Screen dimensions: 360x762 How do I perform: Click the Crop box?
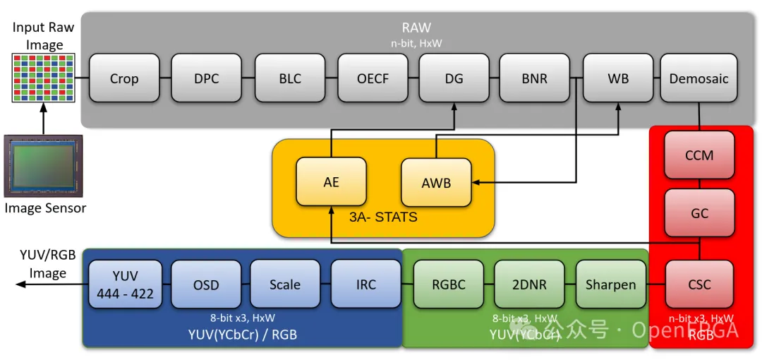124,78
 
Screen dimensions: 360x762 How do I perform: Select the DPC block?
207,78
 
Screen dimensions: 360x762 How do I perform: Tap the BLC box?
290,78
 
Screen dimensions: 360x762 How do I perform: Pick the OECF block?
373,78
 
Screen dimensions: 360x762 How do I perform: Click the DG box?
454,78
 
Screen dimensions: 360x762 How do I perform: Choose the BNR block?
535,78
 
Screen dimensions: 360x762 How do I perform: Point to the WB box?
618,78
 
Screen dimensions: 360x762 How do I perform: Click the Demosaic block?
698,78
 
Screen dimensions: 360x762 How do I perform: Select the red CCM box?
699,155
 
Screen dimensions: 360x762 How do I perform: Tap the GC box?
699,212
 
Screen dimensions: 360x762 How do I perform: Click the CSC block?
699,284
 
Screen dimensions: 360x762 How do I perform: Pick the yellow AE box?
331,182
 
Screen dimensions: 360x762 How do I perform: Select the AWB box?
436,183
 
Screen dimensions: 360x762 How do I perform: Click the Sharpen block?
610,284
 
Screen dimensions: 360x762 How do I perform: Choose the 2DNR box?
529,284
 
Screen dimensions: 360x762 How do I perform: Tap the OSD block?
206,284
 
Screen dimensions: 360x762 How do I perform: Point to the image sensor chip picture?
44,166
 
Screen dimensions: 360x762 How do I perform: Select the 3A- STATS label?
383,217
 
